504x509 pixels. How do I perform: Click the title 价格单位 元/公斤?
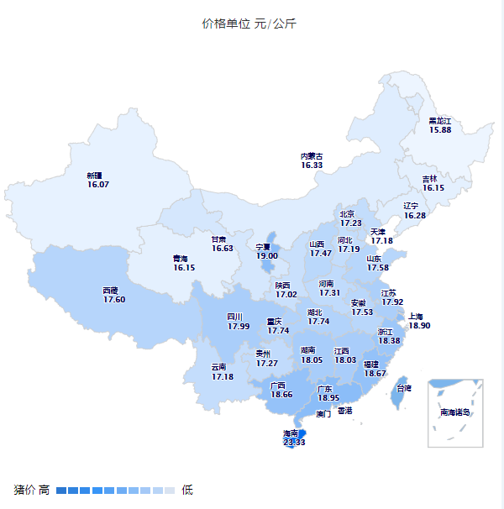[x=249, y=24]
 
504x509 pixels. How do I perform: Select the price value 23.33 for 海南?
[x=294, y=442]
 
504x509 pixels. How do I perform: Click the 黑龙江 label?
[x=440, y=121]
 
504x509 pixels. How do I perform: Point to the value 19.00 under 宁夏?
[x=267, y=256]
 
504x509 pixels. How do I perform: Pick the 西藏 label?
[x=111, y=290]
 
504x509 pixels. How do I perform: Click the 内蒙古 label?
[x=312, y=156]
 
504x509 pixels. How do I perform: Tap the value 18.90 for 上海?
[x=419, y=326]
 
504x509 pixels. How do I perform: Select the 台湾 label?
[x=404, y=388]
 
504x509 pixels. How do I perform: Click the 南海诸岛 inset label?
[x=455, y=412]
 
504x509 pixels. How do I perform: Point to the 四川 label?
[x=234, y=317]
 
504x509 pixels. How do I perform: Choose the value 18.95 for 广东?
[x=328, y=398]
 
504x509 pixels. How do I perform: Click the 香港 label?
[x=345, y=411]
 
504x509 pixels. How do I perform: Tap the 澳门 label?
[x=323, y=414]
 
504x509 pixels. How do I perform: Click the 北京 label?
[x=348, y=214]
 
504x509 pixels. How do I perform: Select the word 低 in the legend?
[x=187, y=490]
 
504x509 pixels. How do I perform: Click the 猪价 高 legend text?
[x=32, y=490]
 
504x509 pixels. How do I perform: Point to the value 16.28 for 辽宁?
[x=415, y=216]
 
